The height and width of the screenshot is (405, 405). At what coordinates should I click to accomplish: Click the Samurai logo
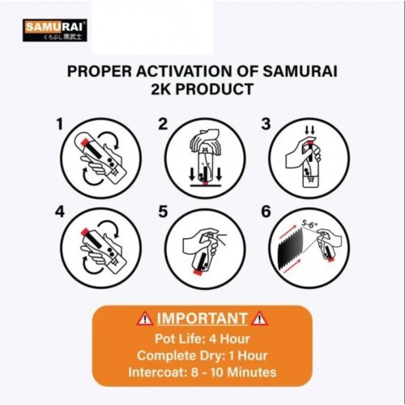click(x=55, y=30)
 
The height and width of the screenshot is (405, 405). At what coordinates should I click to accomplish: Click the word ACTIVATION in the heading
click(x=184, y=71)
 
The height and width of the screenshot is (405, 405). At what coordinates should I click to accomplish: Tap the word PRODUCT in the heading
click(x=215, y=89)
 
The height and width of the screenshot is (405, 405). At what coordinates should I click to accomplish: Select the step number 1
click(x=60, y=124)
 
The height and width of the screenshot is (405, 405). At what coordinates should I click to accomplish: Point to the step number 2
click(x=163, y=124)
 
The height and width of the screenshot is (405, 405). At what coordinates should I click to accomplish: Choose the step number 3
click(x=266, y=124)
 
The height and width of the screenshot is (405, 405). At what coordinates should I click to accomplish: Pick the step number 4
click(x=60, y=211)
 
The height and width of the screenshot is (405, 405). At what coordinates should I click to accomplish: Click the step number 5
click(x=163, y=211)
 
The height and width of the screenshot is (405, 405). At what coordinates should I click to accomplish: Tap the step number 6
click(x=266, y=211)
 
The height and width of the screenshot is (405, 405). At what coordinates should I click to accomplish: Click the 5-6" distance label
click(x=309, y=224)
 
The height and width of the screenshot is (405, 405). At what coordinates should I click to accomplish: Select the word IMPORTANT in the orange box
click(x=202, y=318)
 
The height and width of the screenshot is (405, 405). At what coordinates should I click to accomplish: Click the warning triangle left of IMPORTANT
click(x=145, y=318)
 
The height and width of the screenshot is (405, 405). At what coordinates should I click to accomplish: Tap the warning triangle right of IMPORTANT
click(x=259, y=318)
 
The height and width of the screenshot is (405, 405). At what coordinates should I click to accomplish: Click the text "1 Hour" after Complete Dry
click(x=248, y=356)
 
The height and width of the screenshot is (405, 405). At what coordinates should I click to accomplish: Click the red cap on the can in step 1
click(x=84, y=142)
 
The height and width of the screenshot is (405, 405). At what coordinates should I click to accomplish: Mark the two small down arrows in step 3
click(x=309, y=130)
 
